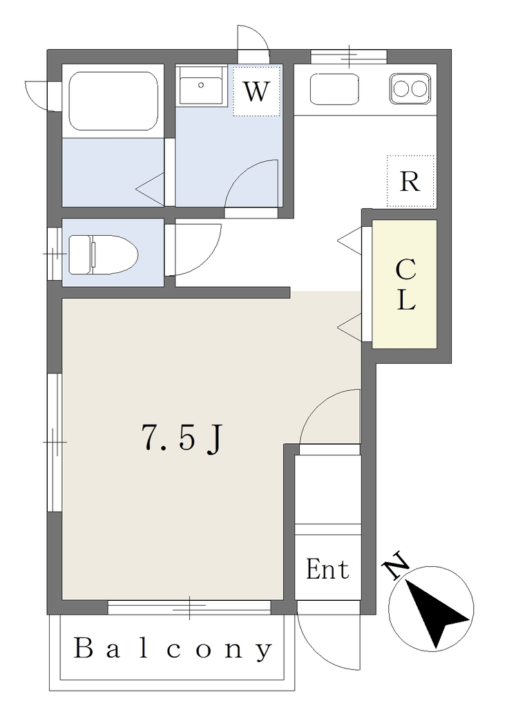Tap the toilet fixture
[103, 254]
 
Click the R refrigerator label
[410, 182]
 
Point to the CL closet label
[405, 284]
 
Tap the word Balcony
[173, 649]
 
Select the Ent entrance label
[327, 569]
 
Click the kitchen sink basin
[334, 89]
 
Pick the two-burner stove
[410, 88]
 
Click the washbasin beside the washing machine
[201, 86]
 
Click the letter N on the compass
[395, 564]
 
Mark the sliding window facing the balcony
[189, 607]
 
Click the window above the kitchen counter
[349, 57]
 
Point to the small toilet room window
[54, 254]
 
